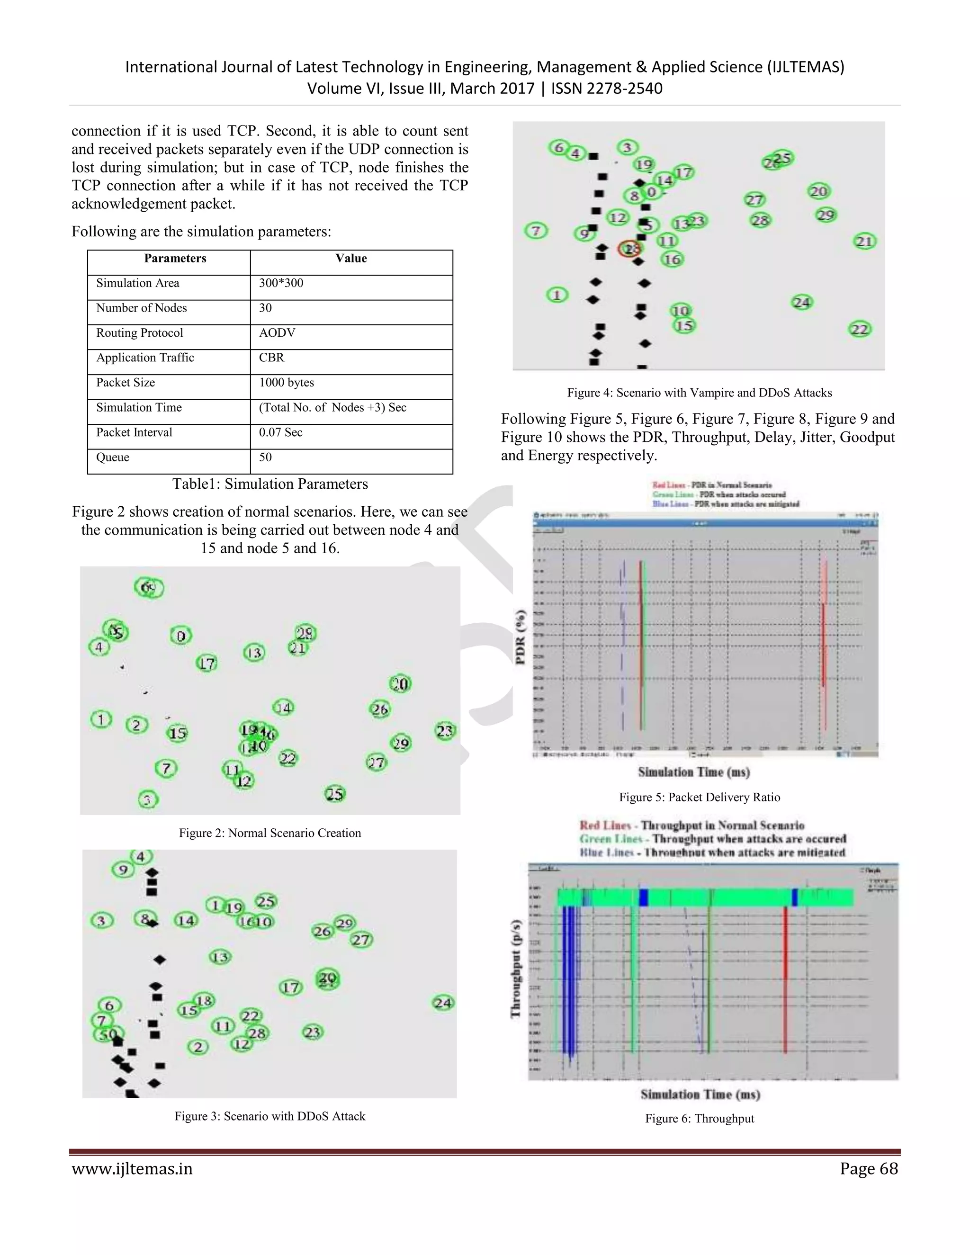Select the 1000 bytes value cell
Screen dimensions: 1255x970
tap(286, 383)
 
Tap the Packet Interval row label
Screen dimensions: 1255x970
tap(134, 432)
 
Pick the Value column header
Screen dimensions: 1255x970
tap(351, 259)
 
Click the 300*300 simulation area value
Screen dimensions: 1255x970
tap(281, 283)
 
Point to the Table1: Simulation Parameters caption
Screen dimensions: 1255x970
tap(270, 484)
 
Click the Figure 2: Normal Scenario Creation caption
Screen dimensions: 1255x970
tap(269, 833)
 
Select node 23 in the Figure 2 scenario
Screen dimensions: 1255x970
tap(445, 731)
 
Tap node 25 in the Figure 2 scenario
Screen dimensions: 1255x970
tap(334, 794)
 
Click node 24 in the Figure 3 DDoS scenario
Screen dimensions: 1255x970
tap(443, 1003)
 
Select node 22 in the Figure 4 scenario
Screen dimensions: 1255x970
tap(860, 329)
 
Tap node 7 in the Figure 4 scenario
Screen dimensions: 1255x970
tap(536, 231)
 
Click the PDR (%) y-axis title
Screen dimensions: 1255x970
tap(521, 636)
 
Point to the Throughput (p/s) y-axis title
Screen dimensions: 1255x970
tap(515, 968)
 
